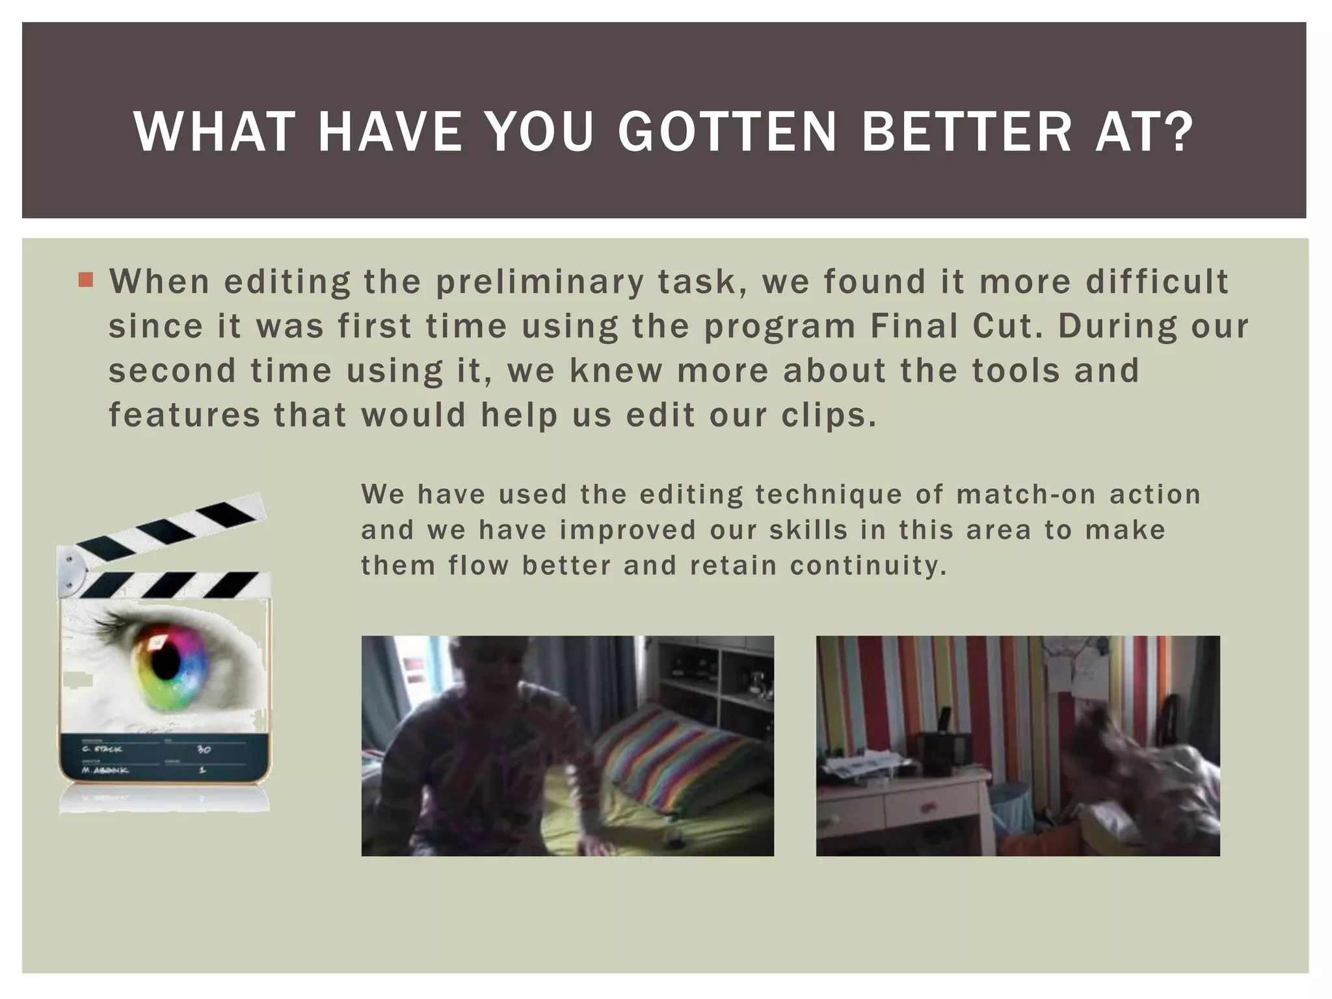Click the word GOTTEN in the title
point(727,132)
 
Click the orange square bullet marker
point(85,280)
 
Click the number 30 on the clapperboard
point(204,750)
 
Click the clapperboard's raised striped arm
point(169,527)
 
